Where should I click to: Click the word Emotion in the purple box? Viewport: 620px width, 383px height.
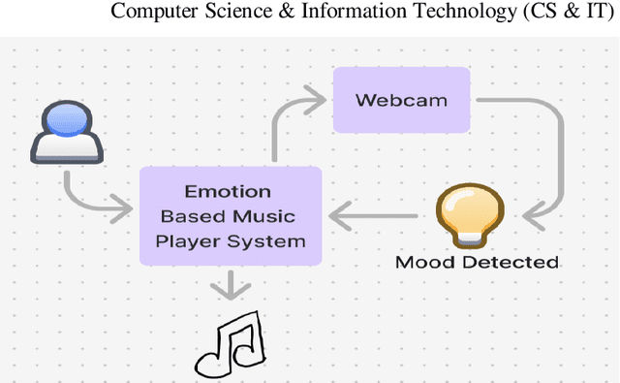coord(230,191)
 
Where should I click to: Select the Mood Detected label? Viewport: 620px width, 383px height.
coord(477,262)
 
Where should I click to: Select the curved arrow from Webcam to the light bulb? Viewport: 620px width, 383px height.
coord(552,155)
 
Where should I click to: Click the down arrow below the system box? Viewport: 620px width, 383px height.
coord(230,284)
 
